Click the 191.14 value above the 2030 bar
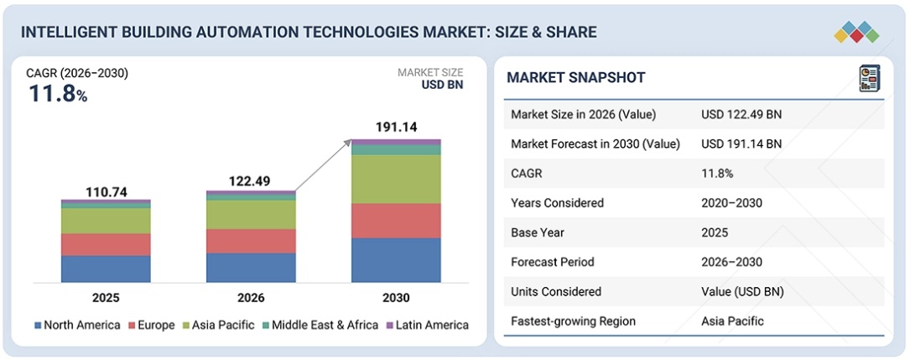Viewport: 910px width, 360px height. [x=396, y=127]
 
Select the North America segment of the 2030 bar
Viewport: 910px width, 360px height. [x=396, y=260]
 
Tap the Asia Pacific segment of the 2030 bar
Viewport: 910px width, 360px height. [x=396, y=180]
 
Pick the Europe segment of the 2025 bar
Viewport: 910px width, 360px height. [x=106, y=244]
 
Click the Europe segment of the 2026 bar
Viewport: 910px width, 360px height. [x=251, y=241]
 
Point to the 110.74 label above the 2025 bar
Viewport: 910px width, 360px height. [x=106, y=192]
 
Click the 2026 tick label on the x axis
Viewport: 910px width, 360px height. [x=251, y=297]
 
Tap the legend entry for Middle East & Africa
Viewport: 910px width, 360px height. [x=322, y=325]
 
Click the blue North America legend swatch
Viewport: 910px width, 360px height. [x=38, y=325]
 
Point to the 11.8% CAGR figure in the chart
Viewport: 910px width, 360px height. [x=58, y=94]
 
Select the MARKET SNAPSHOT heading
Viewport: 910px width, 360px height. [x=575, y=78]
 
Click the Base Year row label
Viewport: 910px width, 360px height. [x=537, y=232]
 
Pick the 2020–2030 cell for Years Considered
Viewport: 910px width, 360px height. [x=731, y=203]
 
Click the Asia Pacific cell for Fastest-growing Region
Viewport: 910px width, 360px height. [x=732, y=321]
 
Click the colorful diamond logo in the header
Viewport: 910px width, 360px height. [x=855, y=32]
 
